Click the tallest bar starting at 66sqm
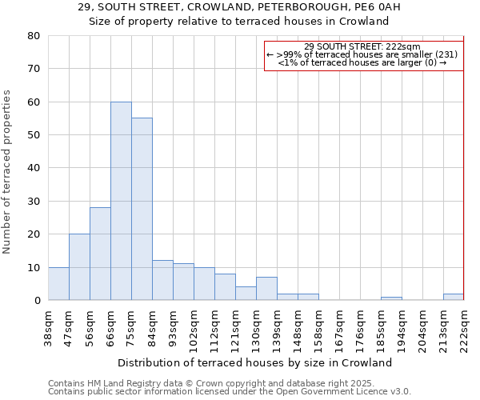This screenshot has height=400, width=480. point(121,201)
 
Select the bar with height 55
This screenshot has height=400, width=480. point(142,209)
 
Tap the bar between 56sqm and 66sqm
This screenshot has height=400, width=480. point(100,254)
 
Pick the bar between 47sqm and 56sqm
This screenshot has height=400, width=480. point(79,267)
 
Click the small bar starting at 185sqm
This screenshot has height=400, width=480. point(391,298)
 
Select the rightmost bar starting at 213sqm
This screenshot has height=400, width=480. point(454,297)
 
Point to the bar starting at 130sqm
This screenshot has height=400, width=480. point(266,289)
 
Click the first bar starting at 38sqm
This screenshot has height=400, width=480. point(58,284)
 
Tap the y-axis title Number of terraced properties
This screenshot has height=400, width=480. point(8,171)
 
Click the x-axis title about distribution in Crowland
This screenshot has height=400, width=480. point(260,362)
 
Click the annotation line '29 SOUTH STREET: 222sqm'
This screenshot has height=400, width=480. point(362,46)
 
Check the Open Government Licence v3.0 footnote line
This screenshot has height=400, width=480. point(230,392)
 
